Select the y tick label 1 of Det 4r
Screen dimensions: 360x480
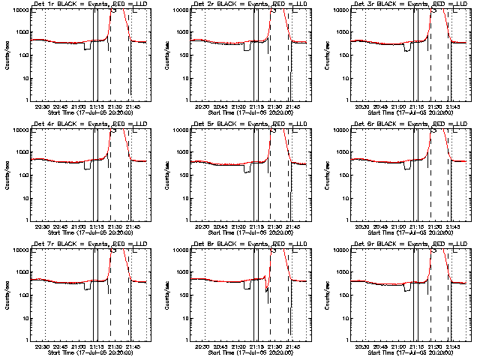25,220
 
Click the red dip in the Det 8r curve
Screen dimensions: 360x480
268,288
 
